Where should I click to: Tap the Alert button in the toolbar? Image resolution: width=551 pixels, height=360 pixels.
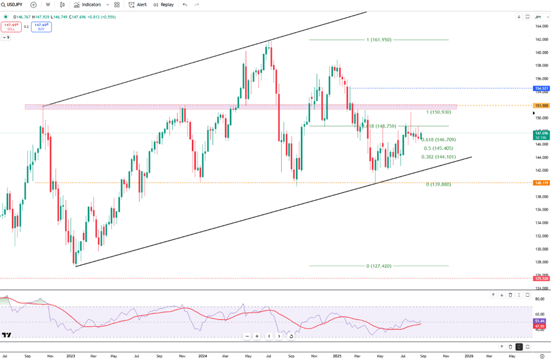[137, 4]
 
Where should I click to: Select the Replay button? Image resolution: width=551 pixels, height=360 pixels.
[163, 4]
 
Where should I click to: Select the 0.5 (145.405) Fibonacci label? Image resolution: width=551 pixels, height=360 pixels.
[438, 148]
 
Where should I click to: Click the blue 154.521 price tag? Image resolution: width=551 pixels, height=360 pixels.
[541, 88]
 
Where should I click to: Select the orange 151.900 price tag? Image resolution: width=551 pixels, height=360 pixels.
[541, 105]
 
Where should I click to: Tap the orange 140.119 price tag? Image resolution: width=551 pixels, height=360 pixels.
[541, 183]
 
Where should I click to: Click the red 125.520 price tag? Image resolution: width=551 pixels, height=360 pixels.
[541, 279]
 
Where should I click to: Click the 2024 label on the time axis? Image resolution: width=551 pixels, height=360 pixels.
[202, 356]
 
